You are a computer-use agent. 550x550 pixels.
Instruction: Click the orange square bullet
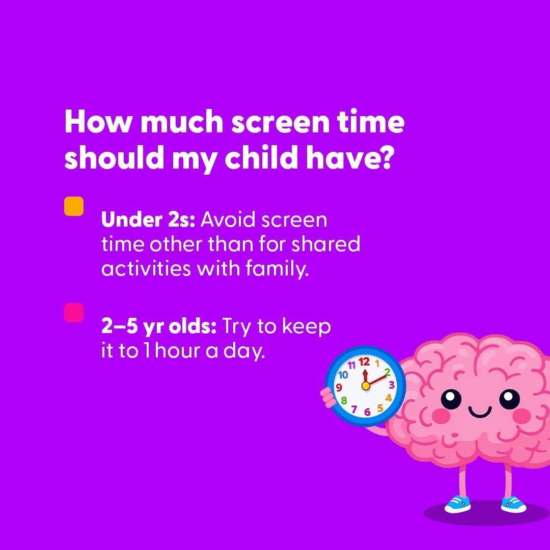pos(74,206)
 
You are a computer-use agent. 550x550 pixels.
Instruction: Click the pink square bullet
pos(74,313)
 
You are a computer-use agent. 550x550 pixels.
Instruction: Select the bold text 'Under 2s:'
pos(148,220)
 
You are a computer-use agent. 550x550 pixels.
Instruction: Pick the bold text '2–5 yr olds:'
pos(158,327)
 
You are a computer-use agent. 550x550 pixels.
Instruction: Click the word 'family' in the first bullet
pos(277,269)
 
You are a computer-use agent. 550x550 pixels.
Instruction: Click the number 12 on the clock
pos(364,362)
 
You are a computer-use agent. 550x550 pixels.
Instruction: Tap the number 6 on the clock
pos(367,412)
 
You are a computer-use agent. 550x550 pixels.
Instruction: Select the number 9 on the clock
pos(339,388)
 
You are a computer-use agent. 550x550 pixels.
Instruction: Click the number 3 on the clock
pos(392,385)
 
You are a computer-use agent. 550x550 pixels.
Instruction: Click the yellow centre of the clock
pos(366,386)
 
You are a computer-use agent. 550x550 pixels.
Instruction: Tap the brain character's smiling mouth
pos(480,411)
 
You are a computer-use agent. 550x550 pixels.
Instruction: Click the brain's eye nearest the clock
pos(451,400)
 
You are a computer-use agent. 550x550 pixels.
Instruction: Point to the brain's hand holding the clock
pos(328,397)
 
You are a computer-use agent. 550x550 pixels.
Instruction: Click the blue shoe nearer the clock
pos(458,504)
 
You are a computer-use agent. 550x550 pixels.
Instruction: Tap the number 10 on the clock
pos(343,375)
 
